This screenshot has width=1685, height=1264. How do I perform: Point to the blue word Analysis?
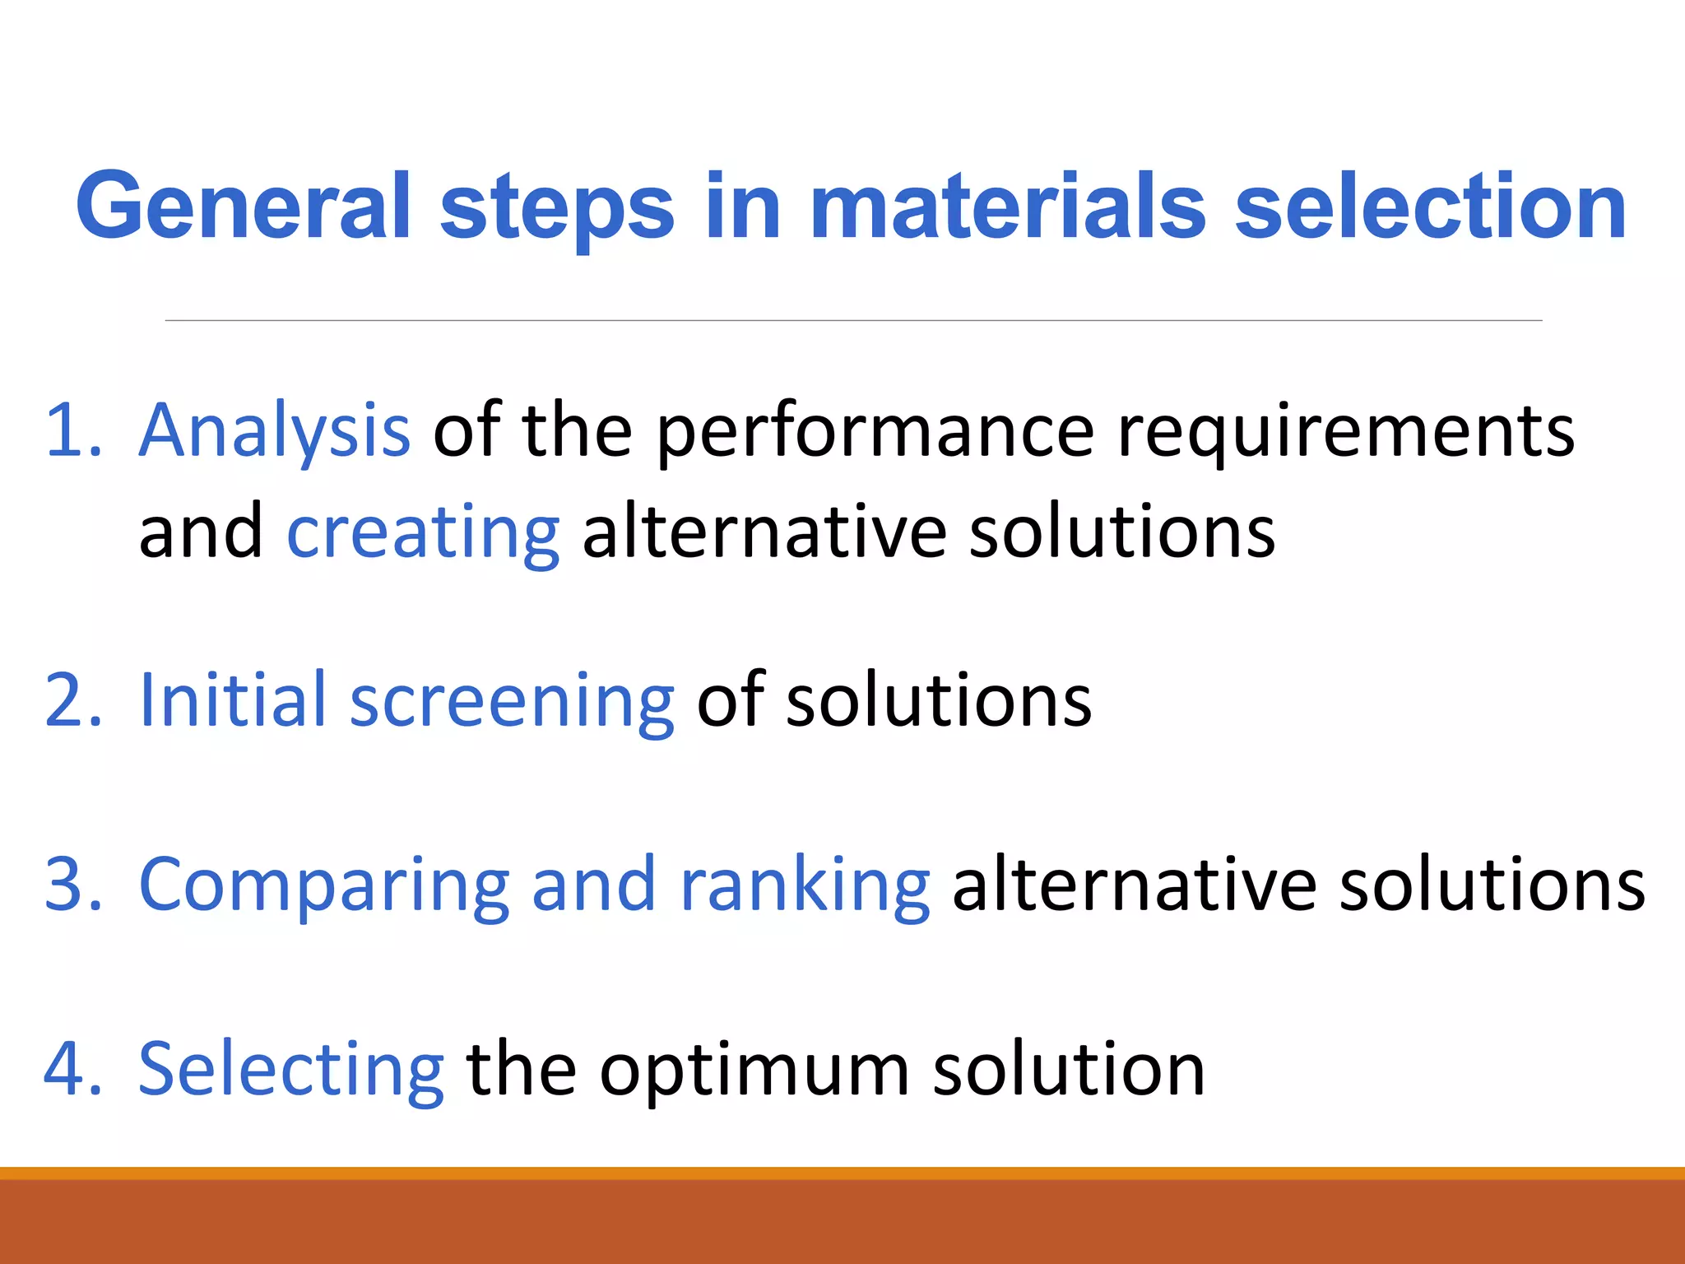274,432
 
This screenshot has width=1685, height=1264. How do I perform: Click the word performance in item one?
875,432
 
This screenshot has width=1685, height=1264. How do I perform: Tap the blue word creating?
423,533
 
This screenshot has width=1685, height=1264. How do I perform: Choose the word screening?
512,702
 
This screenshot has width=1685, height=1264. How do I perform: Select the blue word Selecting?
291,1071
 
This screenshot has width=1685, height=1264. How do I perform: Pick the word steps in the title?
557,207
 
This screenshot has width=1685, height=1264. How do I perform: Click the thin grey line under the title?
853,320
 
